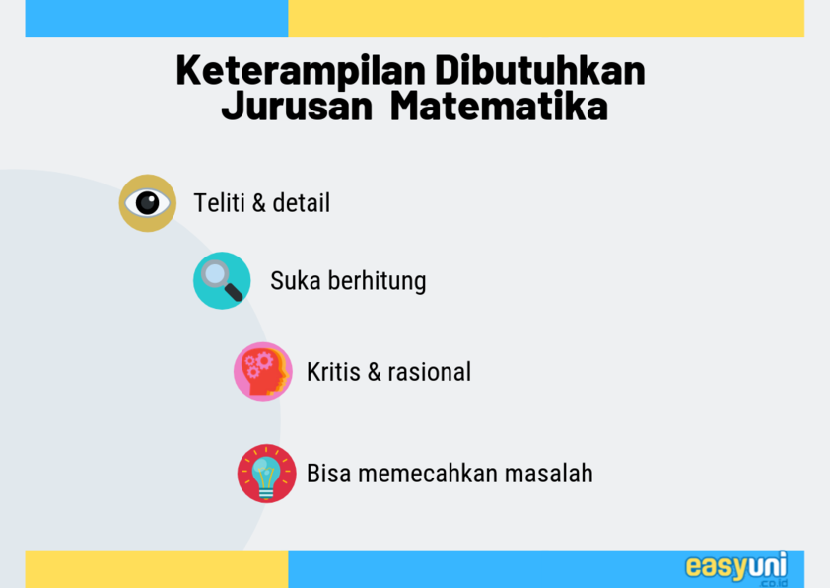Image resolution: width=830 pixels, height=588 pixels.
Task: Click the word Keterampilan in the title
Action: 301,71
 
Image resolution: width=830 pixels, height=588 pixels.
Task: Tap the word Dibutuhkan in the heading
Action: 540,69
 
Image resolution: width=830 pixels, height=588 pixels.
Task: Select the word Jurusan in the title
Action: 298,106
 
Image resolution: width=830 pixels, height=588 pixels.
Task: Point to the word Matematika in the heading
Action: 499,106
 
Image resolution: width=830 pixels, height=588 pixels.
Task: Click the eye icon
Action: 148,203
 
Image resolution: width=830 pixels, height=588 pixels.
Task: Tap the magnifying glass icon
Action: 222,281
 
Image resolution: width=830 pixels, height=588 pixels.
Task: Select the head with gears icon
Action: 263,371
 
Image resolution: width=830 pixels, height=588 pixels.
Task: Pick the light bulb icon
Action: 266,473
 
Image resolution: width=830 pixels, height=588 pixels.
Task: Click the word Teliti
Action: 219,203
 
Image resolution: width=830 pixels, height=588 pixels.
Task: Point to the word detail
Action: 302,203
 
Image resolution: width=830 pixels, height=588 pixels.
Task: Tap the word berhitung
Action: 377,281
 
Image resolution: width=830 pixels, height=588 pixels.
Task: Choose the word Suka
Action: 296,281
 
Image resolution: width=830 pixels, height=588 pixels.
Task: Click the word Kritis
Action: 333,371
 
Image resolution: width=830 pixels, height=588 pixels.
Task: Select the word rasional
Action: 429,372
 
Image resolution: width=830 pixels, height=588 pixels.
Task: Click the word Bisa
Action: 328,473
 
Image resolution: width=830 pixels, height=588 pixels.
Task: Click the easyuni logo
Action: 736,568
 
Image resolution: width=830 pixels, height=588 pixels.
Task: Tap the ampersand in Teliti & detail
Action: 259,203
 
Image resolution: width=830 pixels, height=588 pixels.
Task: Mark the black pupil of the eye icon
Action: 147,203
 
